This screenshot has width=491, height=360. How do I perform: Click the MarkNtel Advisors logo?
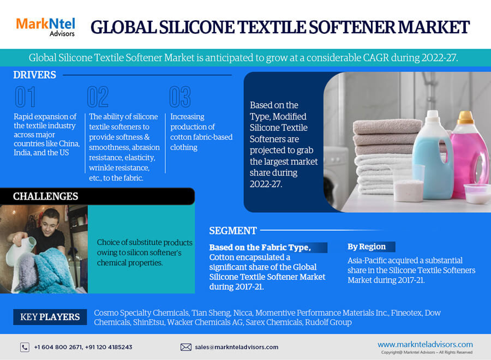click(45, 27)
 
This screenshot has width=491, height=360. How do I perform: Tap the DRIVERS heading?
click(34, 75)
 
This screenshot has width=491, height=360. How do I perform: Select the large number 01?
click(25, 97)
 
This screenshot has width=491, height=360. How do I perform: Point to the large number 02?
click(98, 97)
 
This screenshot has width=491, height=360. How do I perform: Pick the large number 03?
click(179, 97)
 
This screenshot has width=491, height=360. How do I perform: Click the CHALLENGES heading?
click(45, 196)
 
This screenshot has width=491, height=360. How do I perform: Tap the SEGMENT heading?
click(233, 231)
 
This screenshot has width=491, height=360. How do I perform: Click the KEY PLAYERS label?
click(50, 317)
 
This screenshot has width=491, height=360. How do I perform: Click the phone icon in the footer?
click(25, 347)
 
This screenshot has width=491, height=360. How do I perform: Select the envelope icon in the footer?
click(186, 347)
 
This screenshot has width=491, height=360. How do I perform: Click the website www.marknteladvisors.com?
click(425, 344)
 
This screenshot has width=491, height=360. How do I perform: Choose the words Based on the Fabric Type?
click(260, 248)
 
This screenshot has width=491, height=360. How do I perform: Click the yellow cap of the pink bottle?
click(465, 117)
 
